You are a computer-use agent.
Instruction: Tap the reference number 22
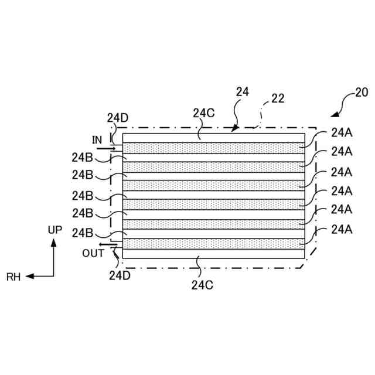278,99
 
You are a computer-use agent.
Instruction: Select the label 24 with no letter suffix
243,91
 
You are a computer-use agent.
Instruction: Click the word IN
97,139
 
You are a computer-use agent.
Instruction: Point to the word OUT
93,253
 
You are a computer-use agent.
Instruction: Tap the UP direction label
54,230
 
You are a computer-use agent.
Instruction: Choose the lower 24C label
201,285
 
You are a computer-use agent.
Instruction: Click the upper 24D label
117,117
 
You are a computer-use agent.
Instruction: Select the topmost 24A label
341,132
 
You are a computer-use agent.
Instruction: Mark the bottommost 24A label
341,229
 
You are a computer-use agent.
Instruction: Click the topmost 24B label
81,157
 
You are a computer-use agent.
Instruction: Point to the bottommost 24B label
81,233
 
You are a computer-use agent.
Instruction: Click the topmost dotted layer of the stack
214,148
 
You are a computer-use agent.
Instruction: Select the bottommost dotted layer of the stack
214,243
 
